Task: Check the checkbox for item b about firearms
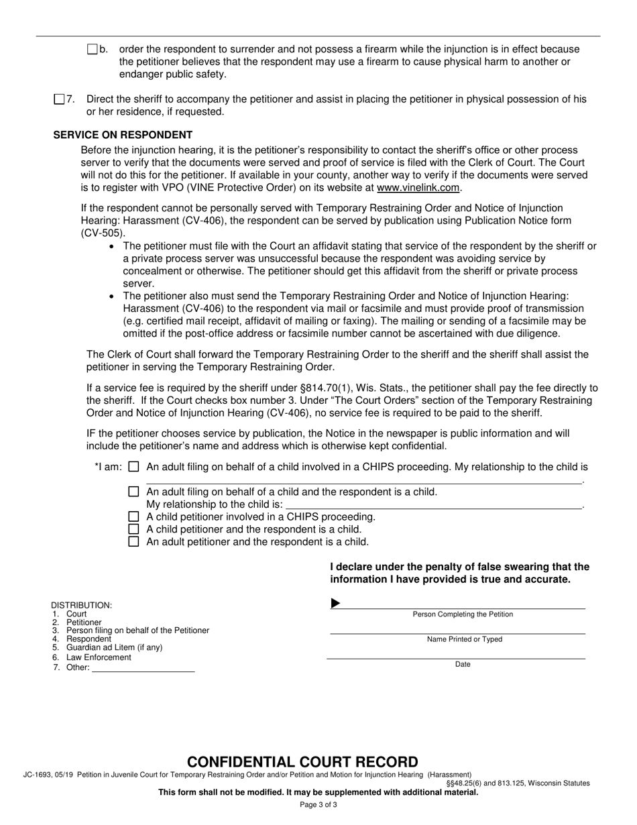click(93, 50)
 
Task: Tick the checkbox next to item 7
click(59, 99)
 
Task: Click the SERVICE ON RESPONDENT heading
click(123, 135)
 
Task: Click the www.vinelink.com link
click(418, 188)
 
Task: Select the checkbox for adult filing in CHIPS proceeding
click(133, 467)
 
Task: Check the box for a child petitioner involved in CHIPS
click(133, 517)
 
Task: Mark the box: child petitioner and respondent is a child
click(133, 529)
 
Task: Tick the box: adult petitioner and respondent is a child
click(133, 542)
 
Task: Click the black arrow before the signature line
click(335, 604)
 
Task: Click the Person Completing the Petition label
click(463, 614)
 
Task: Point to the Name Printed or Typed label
click(464, 639)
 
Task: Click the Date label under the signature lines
click(463, 665)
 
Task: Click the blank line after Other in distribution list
click(142, 668)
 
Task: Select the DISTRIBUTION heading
click(82, 605)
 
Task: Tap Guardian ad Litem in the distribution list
click(114, 648)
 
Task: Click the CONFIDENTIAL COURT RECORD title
click(302, 762)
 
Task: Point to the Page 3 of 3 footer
click(318, 805)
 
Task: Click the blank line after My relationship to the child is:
click(433, 504)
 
